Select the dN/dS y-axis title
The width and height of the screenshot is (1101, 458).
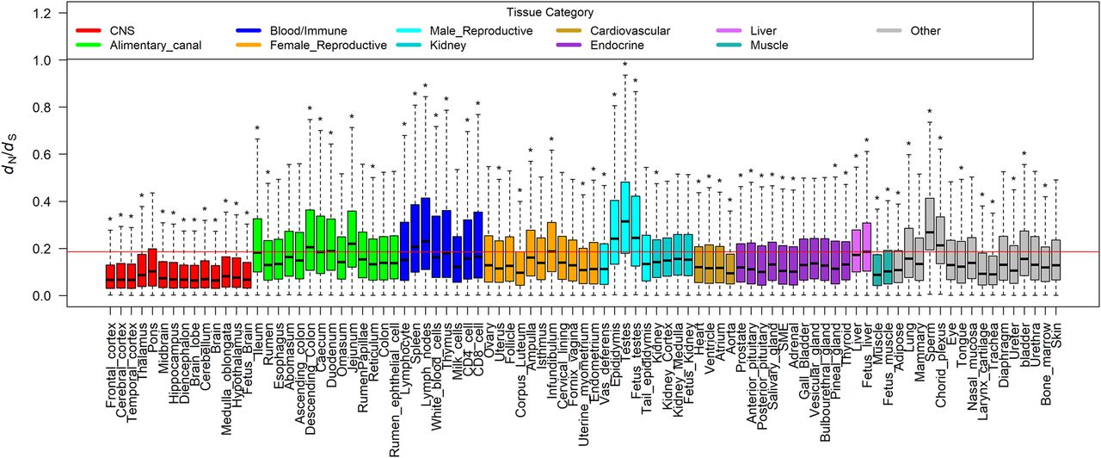click(15, 155)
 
